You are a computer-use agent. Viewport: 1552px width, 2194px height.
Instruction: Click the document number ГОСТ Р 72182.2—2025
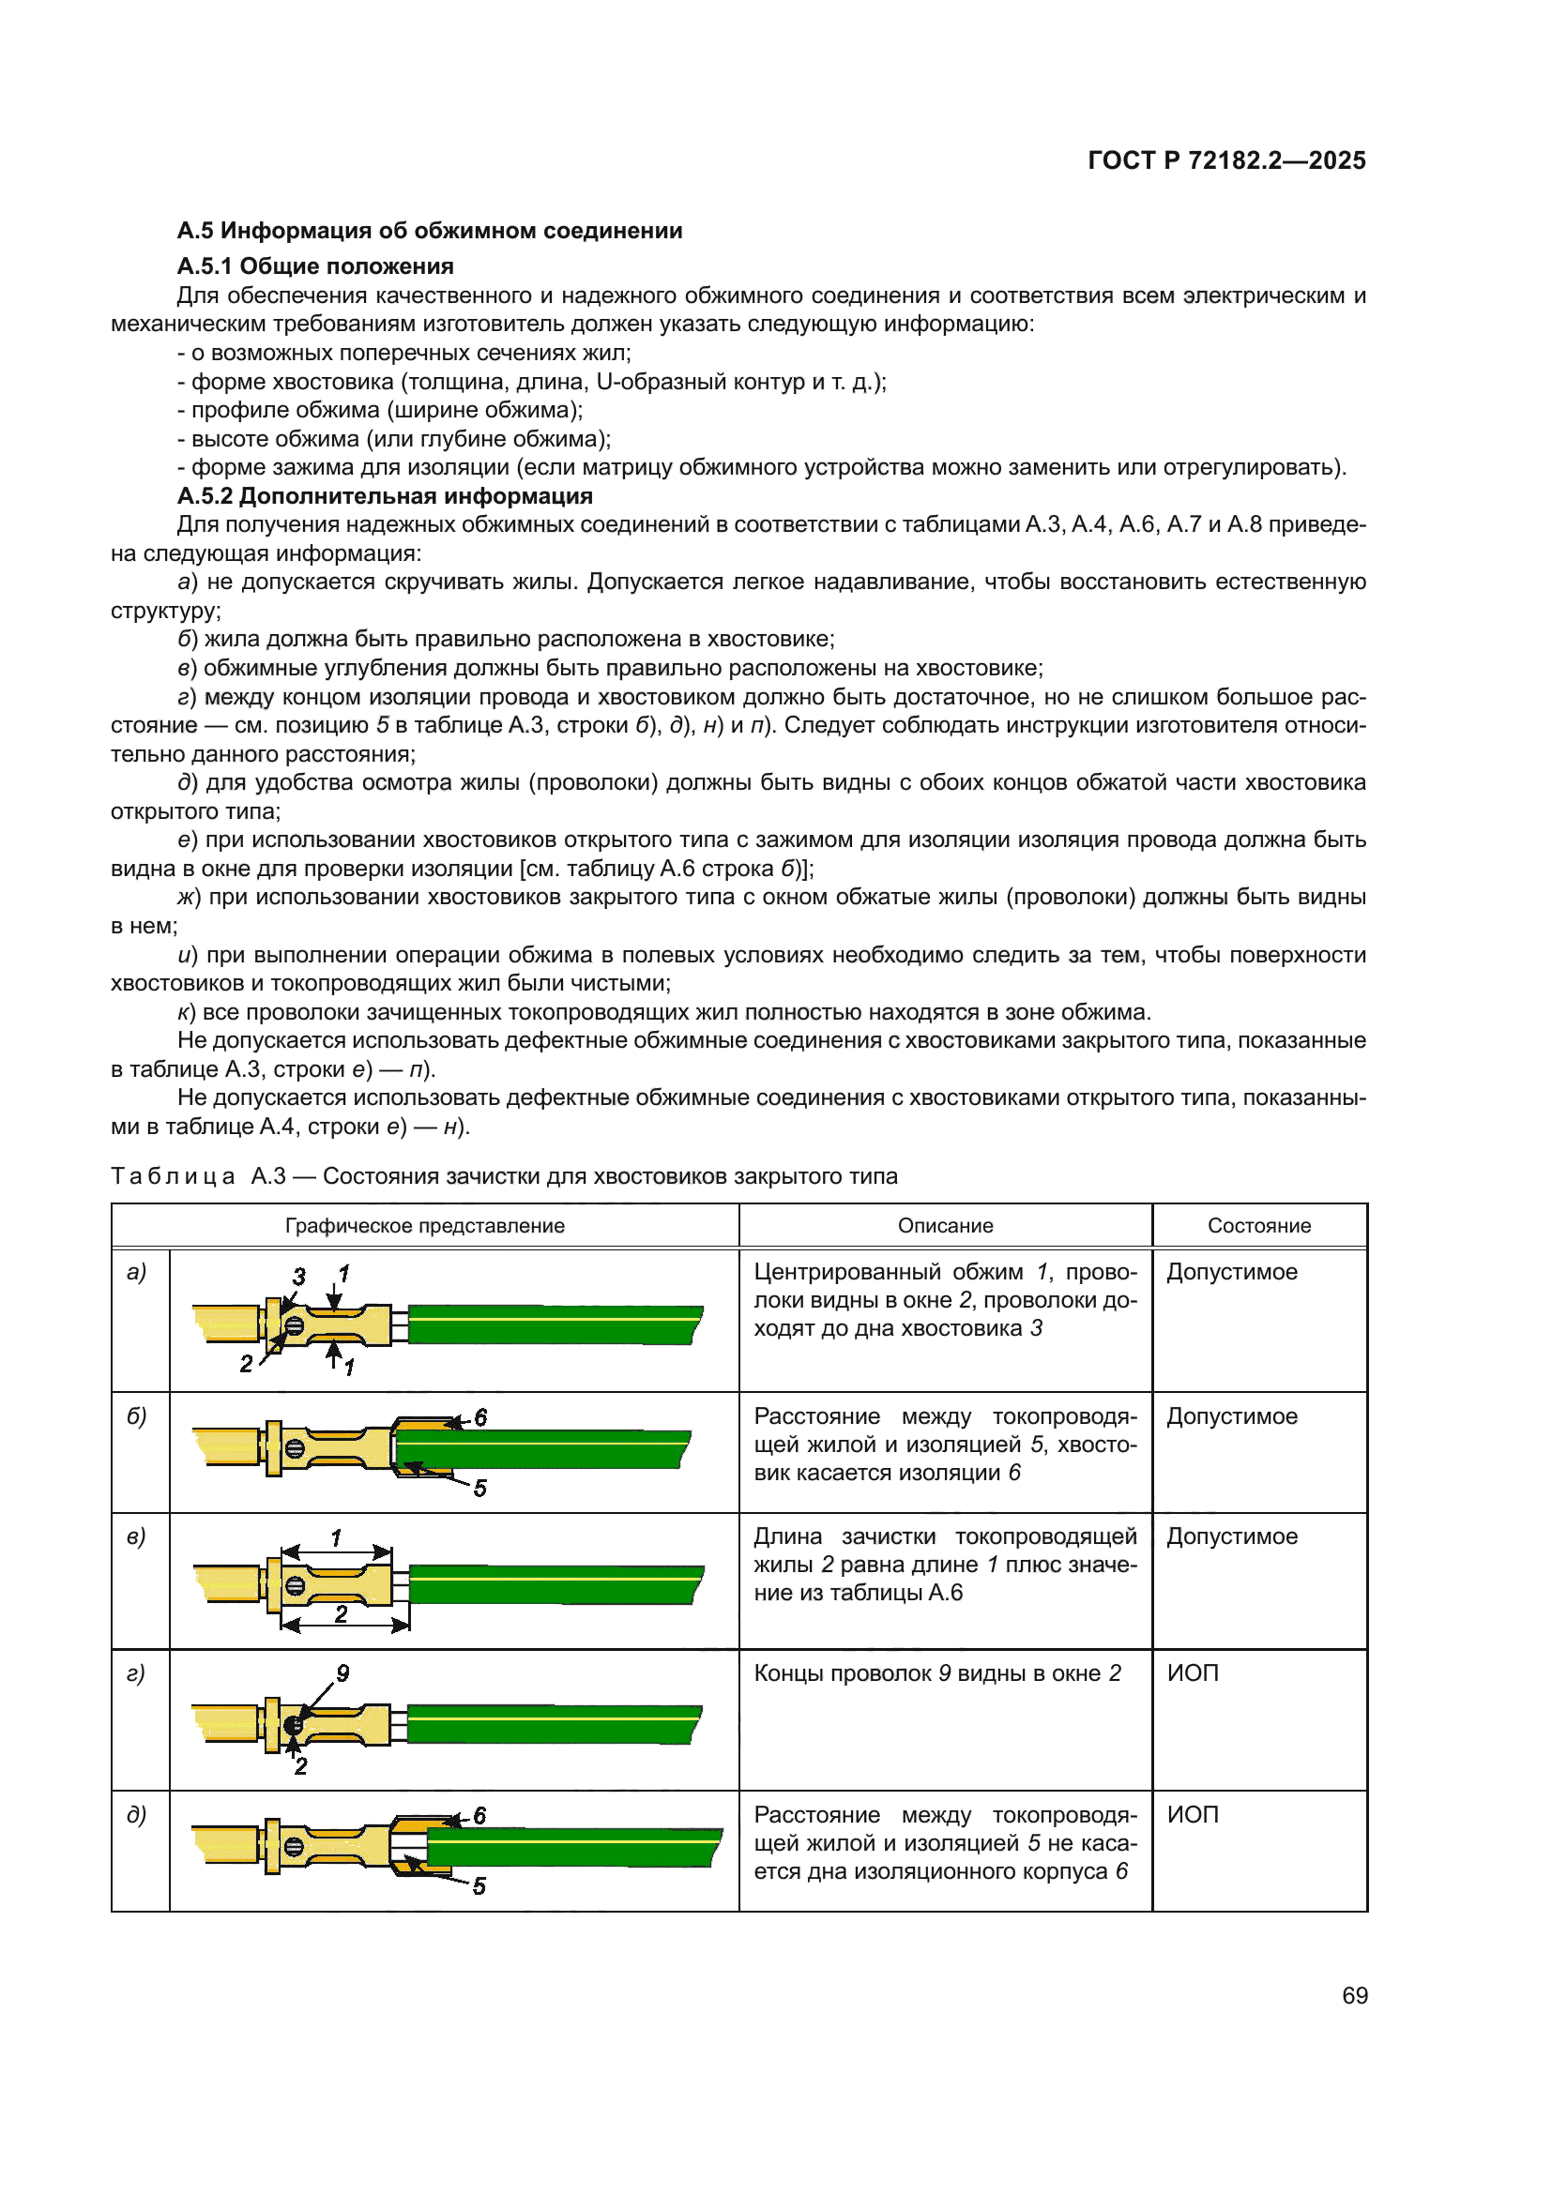click(1226, 160)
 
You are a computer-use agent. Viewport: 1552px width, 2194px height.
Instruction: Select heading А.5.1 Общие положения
click(315, 265)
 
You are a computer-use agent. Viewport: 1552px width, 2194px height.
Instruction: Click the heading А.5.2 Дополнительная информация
click(385, 496)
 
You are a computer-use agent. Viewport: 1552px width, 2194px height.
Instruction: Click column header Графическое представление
click(424, 1225)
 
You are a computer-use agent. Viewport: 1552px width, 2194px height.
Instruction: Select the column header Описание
click(944, 1225)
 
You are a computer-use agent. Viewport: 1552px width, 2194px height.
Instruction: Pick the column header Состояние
click(1258, 1225)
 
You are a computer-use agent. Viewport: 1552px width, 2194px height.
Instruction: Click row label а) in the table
click(137, 1272)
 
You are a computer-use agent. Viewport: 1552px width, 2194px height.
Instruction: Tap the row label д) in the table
click(137, 1815)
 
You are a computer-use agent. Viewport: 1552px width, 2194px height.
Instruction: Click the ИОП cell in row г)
click(1193, 1673)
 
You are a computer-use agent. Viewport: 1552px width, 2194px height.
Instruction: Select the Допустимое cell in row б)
click(1232, 1416)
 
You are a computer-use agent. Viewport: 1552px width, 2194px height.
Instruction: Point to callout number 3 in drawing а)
click(299, 1277)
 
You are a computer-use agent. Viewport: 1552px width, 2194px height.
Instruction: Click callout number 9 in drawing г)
click(342, 1673)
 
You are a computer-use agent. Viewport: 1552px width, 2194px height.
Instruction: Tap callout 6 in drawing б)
click(480, 1417)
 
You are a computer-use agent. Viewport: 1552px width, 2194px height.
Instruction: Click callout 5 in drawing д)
click(479, 1886)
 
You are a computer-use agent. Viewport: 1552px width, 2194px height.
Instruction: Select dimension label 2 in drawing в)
click(342, 1614)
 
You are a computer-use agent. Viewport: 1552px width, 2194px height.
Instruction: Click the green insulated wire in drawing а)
click(555, 1325)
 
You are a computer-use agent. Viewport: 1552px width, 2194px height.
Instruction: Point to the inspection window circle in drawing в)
click(296, 1586)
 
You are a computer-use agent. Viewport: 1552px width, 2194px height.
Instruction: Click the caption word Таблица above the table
click(173, 1176)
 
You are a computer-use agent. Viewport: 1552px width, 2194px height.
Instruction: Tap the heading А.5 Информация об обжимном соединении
click(429, 231)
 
